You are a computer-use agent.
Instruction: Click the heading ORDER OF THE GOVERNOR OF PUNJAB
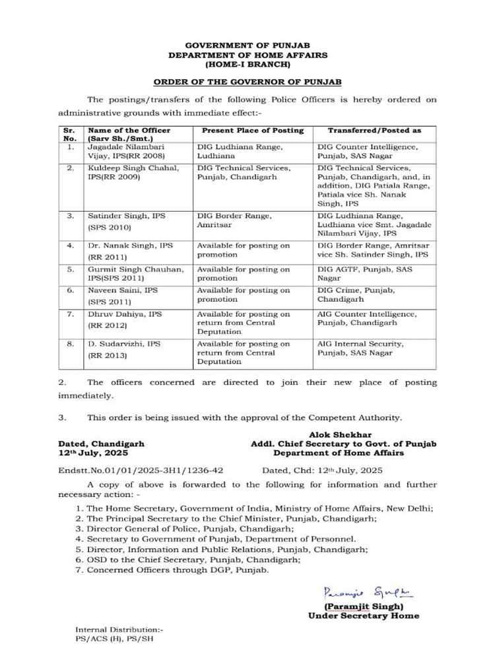point(247,82)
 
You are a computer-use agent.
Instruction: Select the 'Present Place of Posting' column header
point(253,130)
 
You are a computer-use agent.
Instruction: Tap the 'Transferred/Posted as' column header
point(374,130)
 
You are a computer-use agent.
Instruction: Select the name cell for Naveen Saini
point(123,295)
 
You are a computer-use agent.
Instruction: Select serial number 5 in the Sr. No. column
point(70,269)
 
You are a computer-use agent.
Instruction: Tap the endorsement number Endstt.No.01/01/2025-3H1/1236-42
point(141,471)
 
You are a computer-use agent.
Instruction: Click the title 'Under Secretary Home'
point(363,616)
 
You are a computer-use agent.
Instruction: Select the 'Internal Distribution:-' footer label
point(119,630)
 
